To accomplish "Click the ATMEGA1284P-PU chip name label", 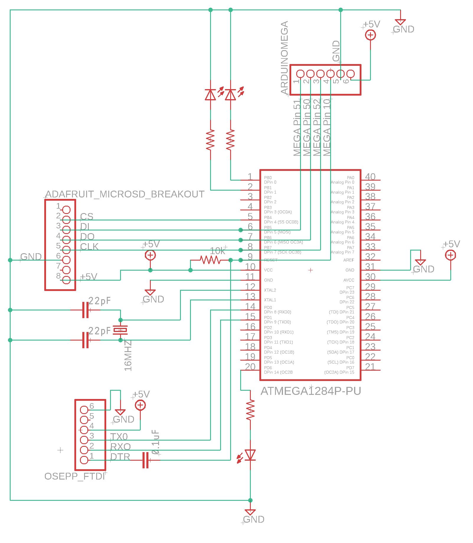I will coord(311,391).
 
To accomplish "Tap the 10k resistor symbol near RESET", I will coord(210,260).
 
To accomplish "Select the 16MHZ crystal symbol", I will coord(120,330).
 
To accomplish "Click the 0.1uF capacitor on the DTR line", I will coord(145,460).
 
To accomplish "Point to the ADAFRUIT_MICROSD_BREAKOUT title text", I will coord(125,194).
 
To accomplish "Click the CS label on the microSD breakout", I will coord(87,217).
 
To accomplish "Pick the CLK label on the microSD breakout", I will coord(89,247).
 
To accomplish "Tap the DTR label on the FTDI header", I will coord(120,457).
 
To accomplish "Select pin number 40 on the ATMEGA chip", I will coord(370,176).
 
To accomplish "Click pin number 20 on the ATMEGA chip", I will coord(250,367).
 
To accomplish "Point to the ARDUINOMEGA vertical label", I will coord(284,58).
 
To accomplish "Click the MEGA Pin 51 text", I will coord(297,128).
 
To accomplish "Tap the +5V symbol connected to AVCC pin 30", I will coord(450,255).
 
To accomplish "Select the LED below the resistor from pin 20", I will coord(251,455).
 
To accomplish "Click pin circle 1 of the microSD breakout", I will coord(67,210).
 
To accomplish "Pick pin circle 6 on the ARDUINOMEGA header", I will coord(350,73).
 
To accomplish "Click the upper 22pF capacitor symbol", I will coord(85,310).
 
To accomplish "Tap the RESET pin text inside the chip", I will coord(271,260).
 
